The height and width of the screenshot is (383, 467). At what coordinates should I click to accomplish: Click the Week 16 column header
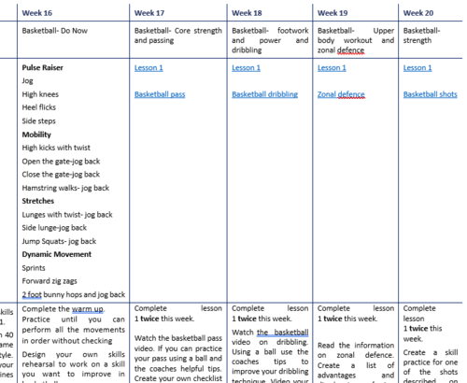pos(37,14)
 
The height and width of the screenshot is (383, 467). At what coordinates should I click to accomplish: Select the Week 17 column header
pos(149,14)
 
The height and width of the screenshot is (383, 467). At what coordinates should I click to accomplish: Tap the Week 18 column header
pos(247,14)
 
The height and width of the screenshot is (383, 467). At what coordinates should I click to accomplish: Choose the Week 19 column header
pos(333,14)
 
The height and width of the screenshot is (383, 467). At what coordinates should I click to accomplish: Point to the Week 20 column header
pos(418,14)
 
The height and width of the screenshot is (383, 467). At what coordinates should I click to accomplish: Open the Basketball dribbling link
pos(269,94)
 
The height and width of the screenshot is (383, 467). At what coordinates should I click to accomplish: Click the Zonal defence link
pos(339,94)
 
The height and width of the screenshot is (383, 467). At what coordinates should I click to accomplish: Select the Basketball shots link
pos(430,94)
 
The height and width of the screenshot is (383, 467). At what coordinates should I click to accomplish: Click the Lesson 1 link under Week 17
pos(149,68)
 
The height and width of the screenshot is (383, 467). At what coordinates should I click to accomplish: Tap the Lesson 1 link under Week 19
pos(332,68)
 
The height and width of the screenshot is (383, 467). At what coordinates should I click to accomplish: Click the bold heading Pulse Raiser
pos(44,68)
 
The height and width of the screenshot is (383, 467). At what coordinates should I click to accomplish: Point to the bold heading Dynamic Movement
pos(56,254)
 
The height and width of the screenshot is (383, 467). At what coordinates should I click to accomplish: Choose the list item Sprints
pos(35,267)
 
